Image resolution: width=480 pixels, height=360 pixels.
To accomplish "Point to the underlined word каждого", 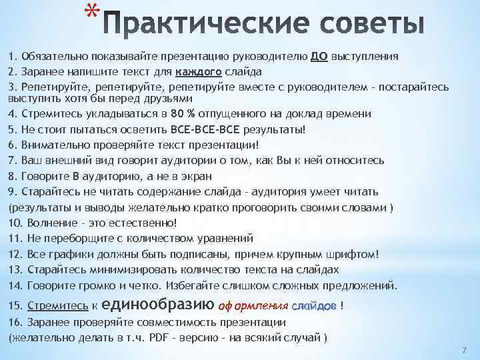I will pyautogui.click(x=198, y=71).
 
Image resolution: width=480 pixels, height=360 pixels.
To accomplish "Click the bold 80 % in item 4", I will pyautogui.click(x=183, y=115).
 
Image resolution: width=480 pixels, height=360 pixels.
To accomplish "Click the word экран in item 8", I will pyautogui.click(x=193, y=177).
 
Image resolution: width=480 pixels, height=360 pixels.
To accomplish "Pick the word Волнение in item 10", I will pyautogui.click(x=50, y=222).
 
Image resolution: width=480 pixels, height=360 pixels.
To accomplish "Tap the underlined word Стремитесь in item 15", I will pyautogui.click(x=58, y=305).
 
